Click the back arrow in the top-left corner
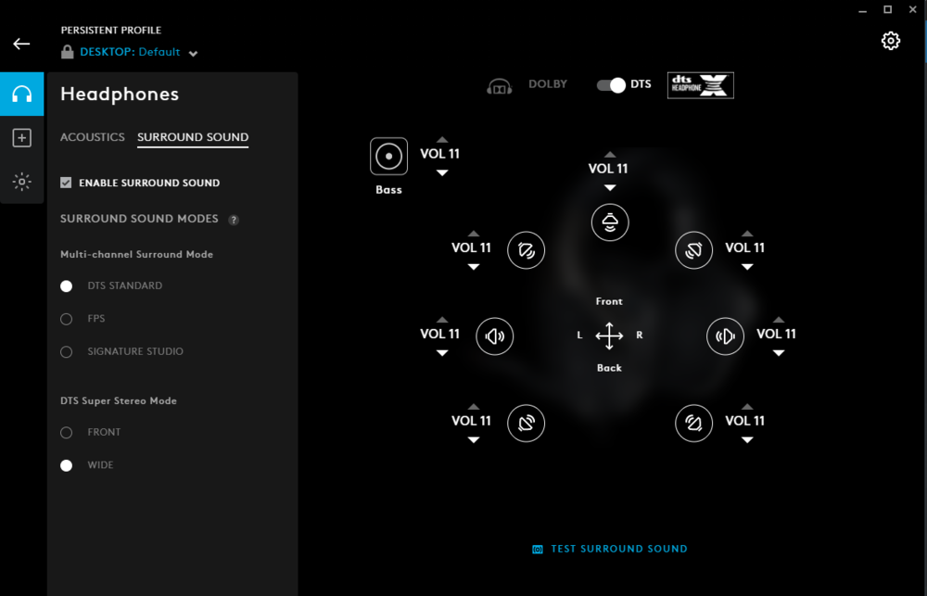pos(21,44)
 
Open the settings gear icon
pos(890,41)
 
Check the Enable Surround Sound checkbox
pos(66,183)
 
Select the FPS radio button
pos(66,319)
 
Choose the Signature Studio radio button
pos(66,352)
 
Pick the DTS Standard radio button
pos(66,286)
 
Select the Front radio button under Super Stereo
pos(66,433)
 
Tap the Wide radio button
pos(66,465)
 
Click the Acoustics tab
pos(92,137)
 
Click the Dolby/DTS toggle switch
pos(611,85)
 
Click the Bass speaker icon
pos(389,157)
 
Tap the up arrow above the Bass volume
pos(442,140)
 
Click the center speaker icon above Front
pos(610,222)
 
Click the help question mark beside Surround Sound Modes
pos(234,220)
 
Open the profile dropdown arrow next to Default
pos(193,53)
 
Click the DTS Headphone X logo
pos(701,85)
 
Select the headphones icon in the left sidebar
pos(22,94)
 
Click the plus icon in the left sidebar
pos(22,138)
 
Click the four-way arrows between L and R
pos(610,336)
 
